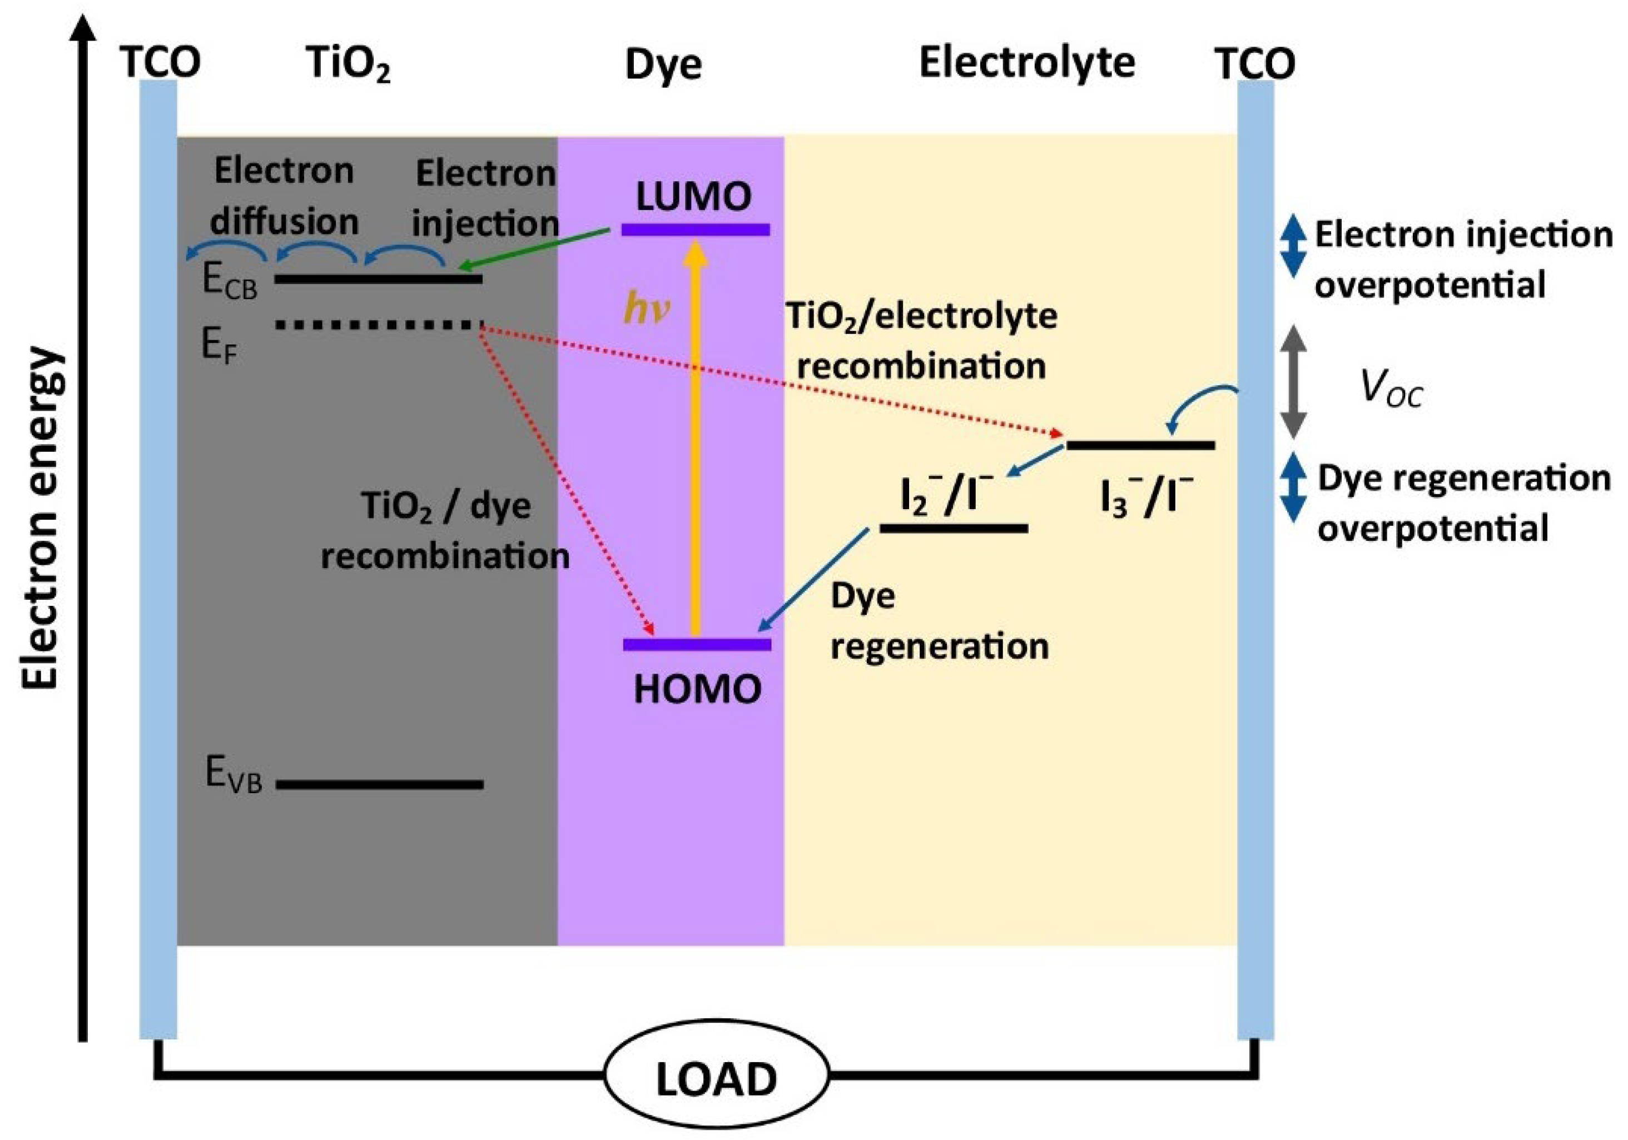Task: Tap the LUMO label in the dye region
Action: [693, 196]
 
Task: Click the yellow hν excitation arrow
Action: [696, 440]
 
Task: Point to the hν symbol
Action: [646, 310]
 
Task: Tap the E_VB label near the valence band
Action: [232, 774]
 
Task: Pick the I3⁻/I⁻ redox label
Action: [1146, 496]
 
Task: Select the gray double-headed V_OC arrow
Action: [1293, 381]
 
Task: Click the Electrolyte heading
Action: [1027, 62]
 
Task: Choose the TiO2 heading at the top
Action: [348, 64]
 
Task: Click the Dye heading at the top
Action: [663, 65]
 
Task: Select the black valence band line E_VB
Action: [379, 784]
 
